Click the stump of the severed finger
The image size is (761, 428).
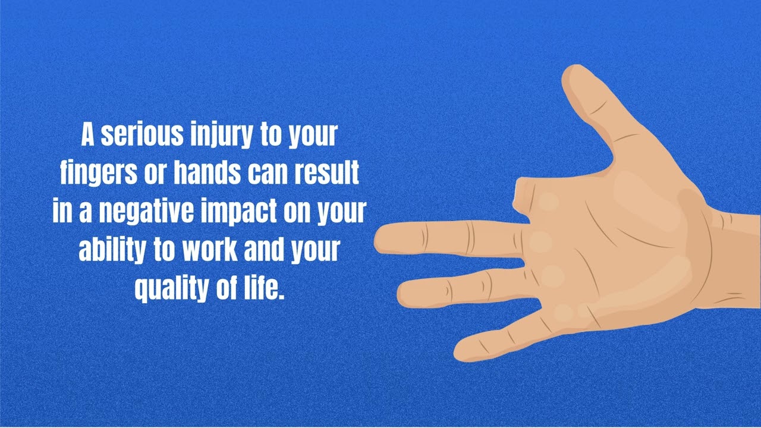coord(522,195)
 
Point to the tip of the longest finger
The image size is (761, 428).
coord(380,239)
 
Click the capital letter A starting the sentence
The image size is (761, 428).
coord(88,136)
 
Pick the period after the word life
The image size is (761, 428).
coord(281,296)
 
